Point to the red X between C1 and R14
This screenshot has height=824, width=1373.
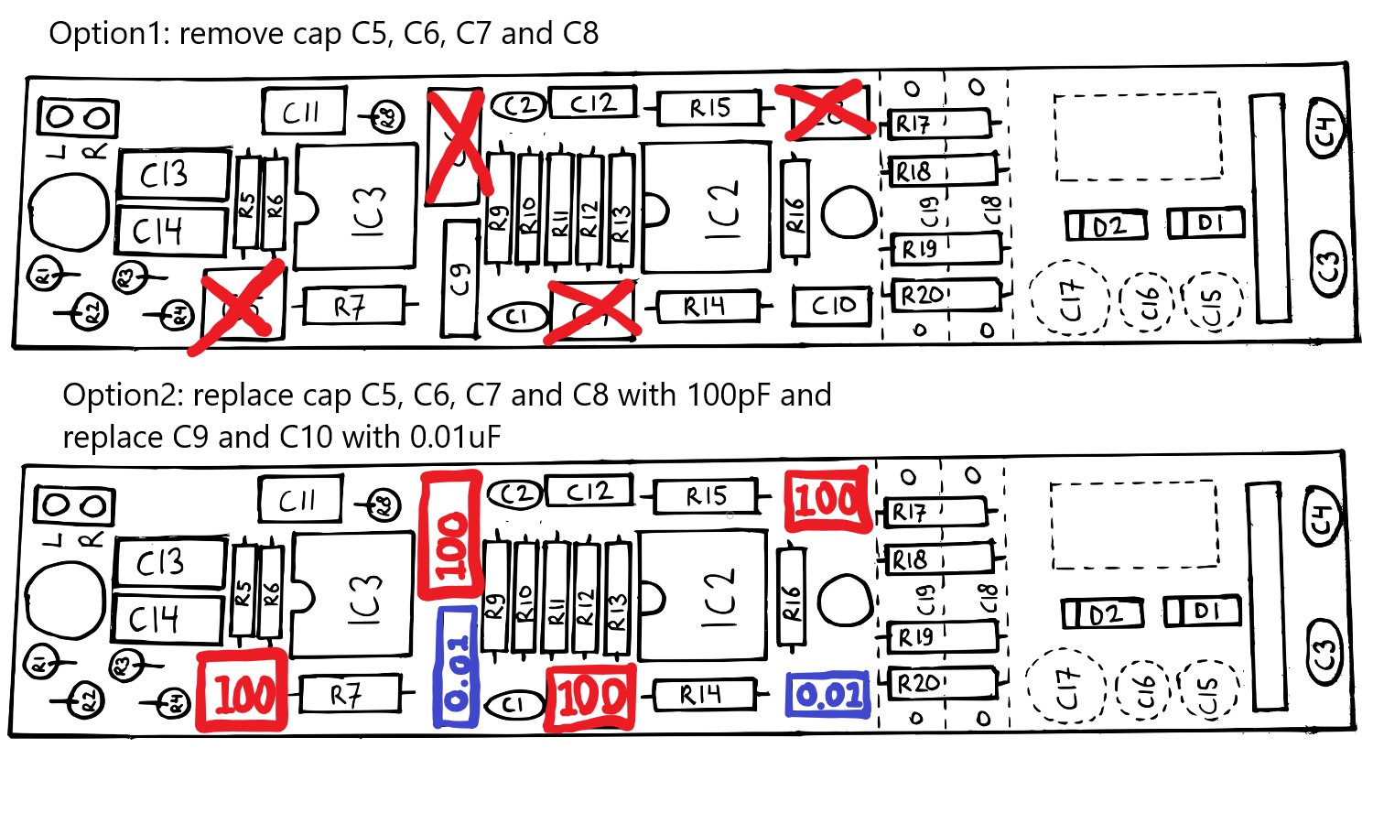point(590,311)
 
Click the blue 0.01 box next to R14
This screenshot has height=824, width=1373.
point(827,696)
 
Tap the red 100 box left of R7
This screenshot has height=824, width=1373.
point(243,693)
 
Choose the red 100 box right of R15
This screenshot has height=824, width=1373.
point(827,500)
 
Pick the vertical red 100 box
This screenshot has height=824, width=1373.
point(450,536)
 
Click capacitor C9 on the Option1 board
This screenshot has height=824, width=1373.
point(459,277)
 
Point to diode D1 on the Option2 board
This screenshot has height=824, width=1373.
point(1202,611)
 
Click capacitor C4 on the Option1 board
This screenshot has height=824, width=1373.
point(1326,126)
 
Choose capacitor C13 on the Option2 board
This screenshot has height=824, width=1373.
point(169,562)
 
